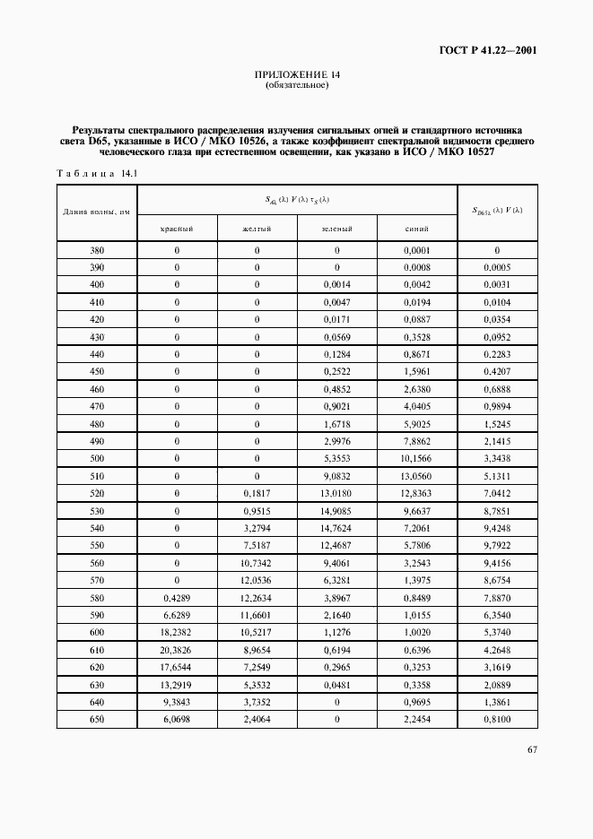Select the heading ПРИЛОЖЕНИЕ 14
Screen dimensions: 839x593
pyautogui.click(x=297, y=75)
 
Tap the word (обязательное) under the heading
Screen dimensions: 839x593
pyautogui.click(x=297, y=86)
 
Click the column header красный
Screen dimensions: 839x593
pyautogui.click(x=177, y=229)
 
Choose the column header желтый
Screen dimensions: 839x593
pyautogui.click(x=257, y=229)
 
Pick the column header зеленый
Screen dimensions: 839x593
pyautogui.click(x=336, y=229)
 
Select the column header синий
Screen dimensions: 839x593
pyautogui.click(x=416, y=229)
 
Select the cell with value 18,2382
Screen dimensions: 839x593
pyautogui.click(x=177, y=632)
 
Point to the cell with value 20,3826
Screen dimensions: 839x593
pyautogui.click(x=177, y=650)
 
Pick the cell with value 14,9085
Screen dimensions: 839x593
pyautogui.click(x=336, y=511)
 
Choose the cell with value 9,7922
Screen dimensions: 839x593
pyautogui.click(x=497, y=546)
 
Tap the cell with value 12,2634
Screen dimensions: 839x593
pyautogui.click(x=257, y=598)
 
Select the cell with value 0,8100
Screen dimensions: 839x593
pyautogui.click(x=497, y=719)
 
